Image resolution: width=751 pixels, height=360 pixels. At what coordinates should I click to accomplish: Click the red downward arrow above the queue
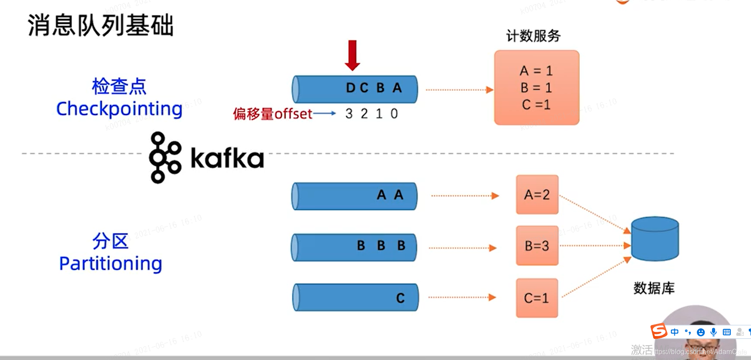pyautogui.click(x=352, y=55)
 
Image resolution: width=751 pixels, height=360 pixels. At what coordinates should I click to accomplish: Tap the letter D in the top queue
pyautogui.click(x=351, y=88)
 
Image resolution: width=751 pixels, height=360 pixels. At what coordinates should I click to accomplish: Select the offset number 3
pyautogui.click(x=349, y=114)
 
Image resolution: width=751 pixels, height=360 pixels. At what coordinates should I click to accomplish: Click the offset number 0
pyautogui.click(x=394, y=114)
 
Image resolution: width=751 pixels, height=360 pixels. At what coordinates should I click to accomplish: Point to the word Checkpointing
pyautogui.click(x=119, y=109)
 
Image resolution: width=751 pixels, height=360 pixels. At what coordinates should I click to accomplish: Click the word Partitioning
pyautogui.click(x=111, y=264)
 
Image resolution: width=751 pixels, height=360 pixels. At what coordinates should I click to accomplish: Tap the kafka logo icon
pyautogui.click(x=164, y=157)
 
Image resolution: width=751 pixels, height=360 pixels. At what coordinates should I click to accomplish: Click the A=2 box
pyautogui.click(x=537, y=195)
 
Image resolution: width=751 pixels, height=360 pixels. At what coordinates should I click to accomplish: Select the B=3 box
pyautogui.click(x=537, y=246)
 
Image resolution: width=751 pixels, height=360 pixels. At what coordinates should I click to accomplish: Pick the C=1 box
pyautogui.click(x=537, y=298)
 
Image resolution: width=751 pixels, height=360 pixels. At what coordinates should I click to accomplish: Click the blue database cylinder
pyautogui.click(x=655, y=239)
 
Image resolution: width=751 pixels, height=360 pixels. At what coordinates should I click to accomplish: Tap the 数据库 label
pyautogui.click(x=654, y=288)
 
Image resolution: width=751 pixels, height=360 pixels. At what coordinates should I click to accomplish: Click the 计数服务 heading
pyautogui.click(x=533, y=36)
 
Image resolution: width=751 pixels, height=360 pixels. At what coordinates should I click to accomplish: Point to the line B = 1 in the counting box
pyautogui.click(x=536, y=88)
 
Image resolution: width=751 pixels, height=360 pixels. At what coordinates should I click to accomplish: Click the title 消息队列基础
pyautogui.click(x=100, y=25)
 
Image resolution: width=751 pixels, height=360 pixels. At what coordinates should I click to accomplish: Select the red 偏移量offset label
pyautogui.click(x=273, y=114)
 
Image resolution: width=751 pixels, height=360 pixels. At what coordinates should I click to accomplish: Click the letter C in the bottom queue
pyautogui.click(x=400, y=298)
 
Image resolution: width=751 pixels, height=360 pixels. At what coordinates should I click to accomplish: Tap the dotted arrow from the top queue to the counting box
pyautogui.click(x=459, y=90)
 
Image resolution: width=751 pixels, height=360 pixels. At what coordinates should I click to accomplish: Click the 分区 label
pyautogui.click(x=110, y=241)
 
